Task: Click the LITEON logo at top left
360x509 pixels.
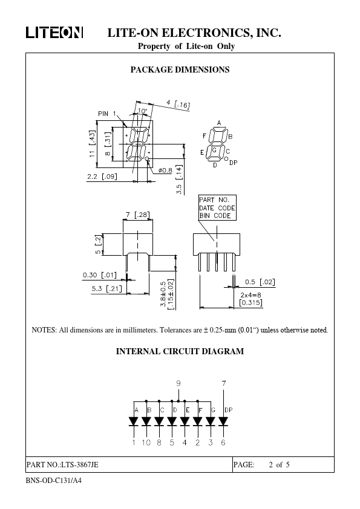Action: click(54, 33)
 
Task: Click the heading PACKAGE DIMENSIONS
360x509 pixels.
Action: click(180, 70)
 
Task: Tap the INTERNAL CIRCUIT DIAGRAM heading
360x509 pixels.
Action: click(180, 352)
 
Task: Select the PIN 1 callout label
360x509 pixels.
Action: click(107, 114)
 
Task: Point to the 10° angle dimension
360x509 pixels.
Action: click(142, 111)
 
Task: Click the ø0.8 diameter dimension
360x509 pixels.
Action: click(165, 170)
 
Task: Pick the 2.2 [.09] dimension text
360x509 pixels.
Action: click(102, 177)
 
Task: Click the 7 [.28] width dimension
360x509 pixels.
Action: click(138, 215)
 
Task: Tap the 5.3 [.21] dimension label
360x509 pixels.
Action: click(106, 288)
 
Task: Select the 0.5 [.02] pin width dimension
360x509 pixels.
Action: click(260, 282)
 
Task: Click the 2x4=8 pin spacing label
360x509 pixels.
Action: click(250, 295)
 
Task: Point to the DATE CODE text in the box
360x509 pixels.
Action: click(217, 208)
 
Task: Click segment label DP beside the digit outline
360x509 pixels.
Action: click(234, 163)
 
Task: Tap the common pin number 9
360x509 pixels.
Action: click(178, 383)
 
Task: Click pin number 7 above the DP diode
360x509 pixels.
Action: click(223, 383)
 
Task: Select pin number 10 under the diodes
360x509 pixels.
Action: click(146, 443)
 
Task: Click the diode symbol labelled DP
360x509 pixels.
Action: click(223, 421)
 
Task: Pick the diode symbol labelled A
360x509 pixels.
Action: click(134, 421)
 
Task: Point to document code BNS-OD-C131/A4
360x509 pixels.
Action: click(54, 481)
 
